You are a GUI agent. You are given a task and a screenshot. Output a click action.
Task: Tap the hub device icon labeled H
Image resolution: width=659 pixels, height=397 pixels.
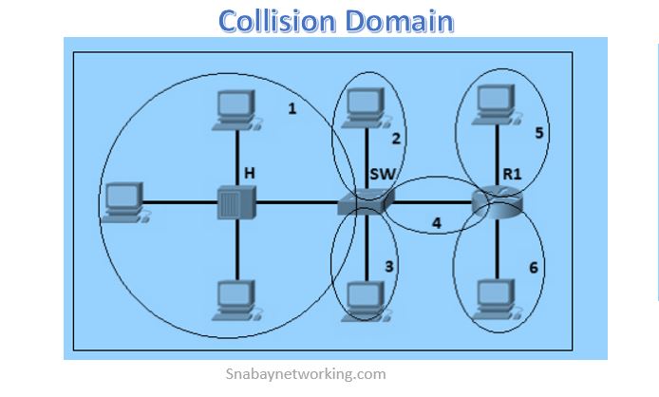click(235, 202)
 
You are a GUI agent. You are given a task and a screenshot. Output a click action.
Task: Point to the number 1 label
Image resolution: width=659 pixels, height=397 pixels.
click(292, 108)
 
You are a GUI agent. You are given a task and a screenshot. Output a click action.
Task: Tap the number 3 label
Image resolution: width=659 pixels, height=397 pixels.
click(388, 267)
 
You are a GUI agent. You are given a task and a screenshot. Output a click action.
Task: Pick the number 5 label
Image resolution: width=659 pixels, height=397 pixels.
click(539, 133)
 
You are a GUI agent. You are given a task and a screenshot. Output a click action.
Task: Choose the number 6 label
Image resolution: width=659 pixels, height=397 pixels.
click(534, 268)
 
